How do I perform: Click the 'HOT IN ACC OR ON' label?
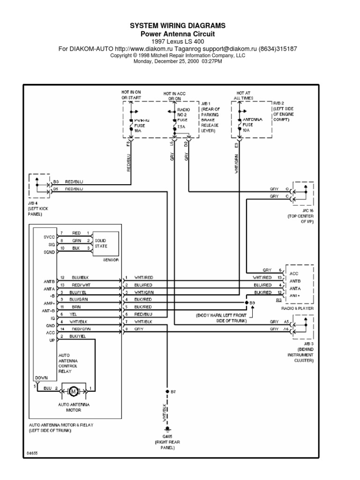point(174,97)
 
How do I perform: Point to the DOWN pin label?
point(41,377)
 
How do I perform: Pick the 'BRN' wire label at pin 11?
point(75,307)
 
